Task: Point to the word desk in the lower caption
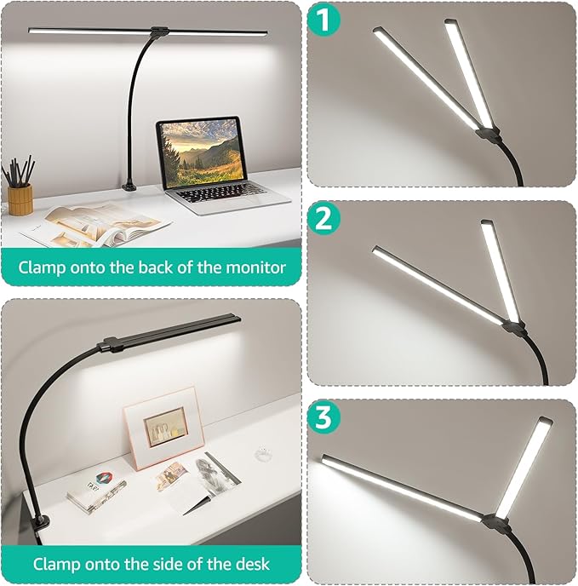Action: point(254,563)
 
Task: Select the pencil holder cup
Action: point(20,198)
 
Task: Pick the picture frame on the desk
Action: point(164,426)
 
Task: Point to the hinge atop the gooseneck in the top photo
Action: point(157,34)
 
